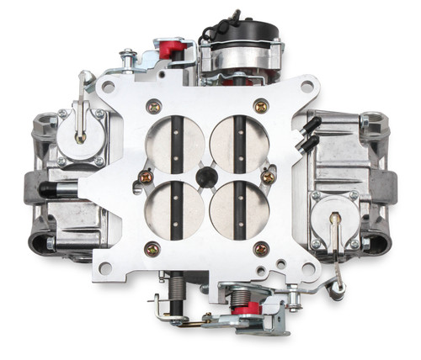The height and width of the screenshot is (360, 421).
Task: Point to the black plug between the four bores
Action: click(205, 174)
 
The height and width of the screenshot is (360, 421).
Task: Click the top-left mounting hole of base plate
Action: click(109, 86)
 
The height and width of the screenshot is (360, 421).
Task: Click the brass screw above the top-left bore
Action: click(153, 106)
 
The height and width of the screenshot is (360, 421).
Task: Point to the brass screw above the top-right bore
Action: click(261, 106)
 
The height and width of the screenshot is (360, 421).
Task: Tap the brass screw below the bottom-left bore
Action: click(152, 248)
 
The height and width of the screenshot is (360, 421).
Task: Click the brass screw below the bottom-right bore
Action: click(260, 248)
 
